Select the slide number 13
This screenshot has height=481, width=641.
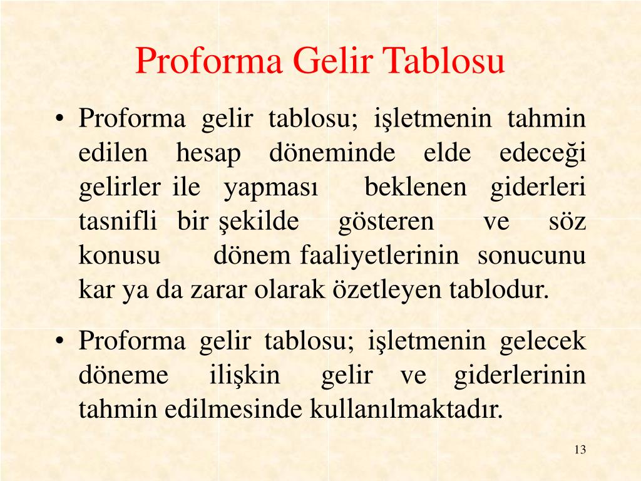pyautogui.click(x=580, y=450)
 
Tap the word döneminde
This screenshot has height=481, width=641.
pyautogui.click(x=332, y=153)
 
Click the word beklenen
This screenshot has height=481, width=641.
pyautogui.click(x=416, y=187)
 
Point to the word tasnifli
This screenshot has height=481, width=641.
pyautogui.click(x=118, y=222)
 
